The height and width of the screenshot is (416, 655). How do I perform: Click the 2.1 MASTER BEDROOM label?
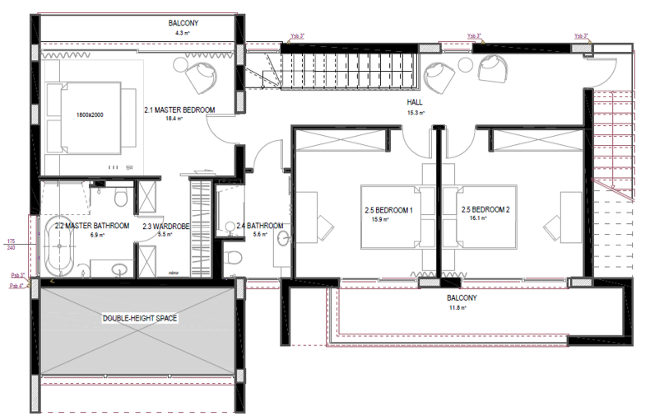179,110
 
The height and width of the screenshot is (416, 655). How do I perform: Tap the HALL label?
414,103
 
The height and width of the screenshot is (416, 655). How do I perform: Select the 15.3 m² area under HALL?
414,112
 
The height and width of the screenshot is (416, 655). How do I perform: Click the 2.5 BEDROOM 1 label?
388,210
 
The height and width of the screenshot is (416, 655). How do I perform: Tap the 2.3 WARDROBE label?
167,226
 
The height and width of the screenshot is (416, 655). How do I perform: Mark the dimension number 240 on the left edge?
12,247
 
